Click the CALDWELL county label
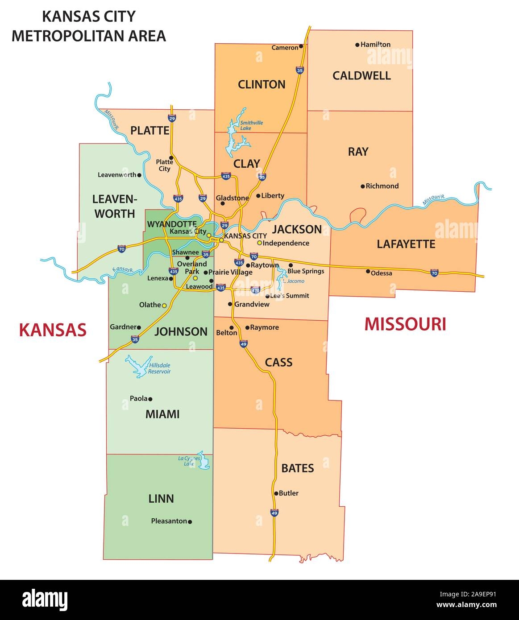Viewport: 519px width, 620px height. point(361,75)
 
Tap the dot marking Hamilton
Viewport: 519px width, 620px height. point(357,45)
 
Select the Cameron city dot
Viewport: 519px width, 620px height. point(301,46)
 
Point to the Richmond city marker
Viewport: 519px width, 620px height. point(363,186)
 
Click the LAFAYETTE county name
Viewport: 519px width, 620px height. point(406,244)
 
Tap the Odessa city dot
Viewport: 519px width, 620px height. point(368,271)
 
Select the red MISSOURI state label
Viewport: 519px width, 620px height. point(405,324)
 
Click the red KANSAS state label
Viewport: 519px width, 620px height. point(52,330)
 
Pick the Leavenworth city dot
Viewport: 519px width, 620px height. point(139,175)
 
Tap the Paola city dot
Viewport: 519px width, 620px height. point(150,399)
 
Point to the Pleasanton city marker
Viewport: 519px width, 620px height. point(190,521)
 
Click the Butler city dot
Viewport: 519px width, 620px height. point(276,493)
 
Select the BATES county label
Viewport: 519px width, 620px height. point(298,468)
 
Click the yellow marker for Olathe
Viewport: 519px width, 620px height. point(164,306)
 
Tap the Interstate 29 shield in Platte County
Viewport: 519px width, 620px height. point(172,118)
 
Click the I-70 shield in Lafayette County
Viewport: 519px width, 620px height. point(434,273)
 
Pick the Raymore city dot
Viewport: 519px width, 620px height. point(247,327)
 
